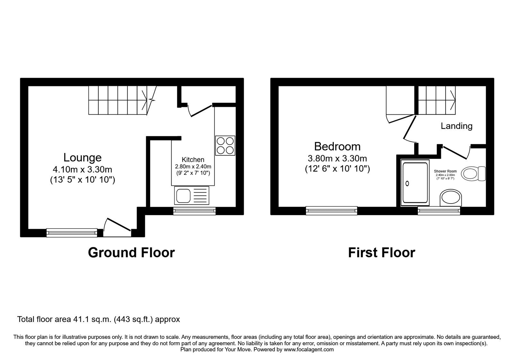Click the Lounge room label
[82, 157]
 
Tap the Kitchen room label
[193, 159]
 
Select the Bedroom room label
[337, 147]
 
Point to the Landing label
[456, 126]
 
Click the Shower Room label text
[445, 171]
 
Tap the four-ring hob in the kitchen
[225, 146]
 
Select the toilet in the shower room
[473, 174]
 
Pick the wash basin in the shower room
[451, 198]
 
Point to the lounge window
[72, 232]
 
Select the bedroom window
[331, 211]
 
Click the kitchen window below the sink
[194, 211]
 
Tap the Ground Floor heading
[131, 253]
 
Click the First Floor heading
[381, 253]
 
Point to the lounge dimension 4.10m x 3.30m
[82, 169]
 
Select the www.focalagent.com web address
[308, 349]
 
